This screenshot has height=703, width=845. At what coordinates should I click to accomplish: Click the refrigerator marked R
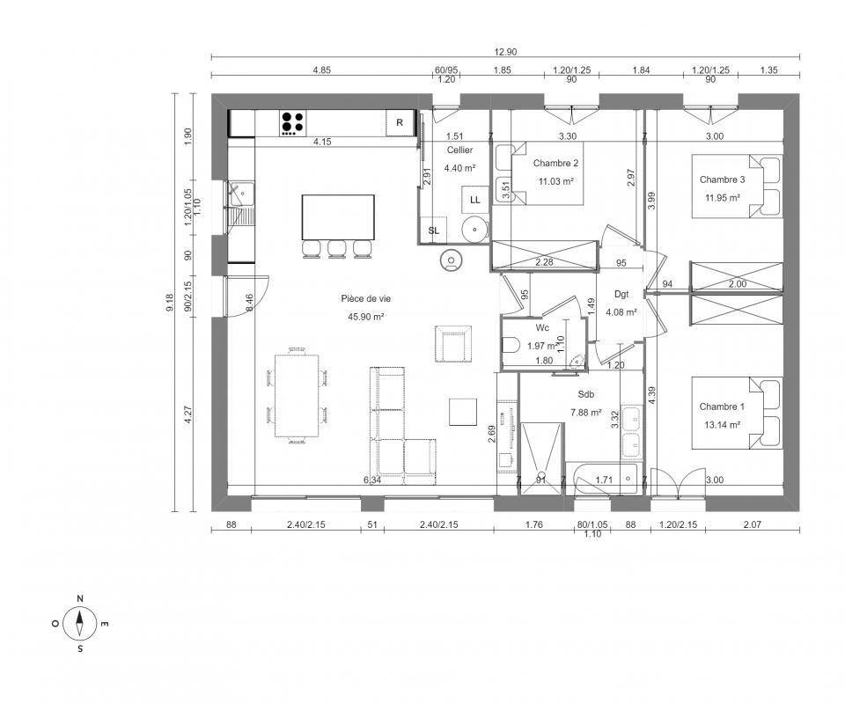coord(400,123)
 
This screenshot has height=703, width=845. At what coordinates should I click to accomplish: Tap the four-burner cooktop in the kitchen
coord(292,123)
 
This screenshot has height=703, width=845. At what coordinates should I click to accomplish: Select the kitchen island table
coord(338,217)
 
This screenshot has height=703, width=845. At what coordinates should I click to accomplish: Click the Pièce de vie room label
coord(366,298)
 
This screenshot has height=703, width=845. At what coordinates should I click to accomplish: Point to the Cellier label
coord(459,150)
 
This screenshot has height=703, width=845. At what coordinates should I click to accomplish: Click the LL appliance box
coord(474,200)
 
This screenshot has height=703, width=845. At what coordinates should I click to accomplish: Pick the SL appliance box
coord(434,231)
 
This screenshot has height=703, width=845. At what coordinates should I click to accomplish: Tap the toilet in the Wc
coord(510,345)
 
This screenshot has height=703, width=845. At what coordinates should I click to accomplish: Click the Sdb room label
coord(586,394)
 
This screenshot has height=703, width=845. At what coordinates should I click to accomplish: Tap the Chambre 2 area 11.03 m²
coord(555,181)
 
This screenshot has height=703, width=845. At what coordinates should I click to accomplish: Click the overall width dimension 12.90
coord(505,52)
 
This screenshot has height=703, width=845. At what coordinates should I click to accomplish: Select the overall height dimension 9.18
coord(170,302)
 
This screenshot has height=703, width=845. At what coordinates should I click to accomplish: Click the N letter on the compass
coord(80,598)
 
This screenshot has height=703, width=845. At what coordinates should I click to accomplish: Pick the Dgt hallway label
coord(621,294)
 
